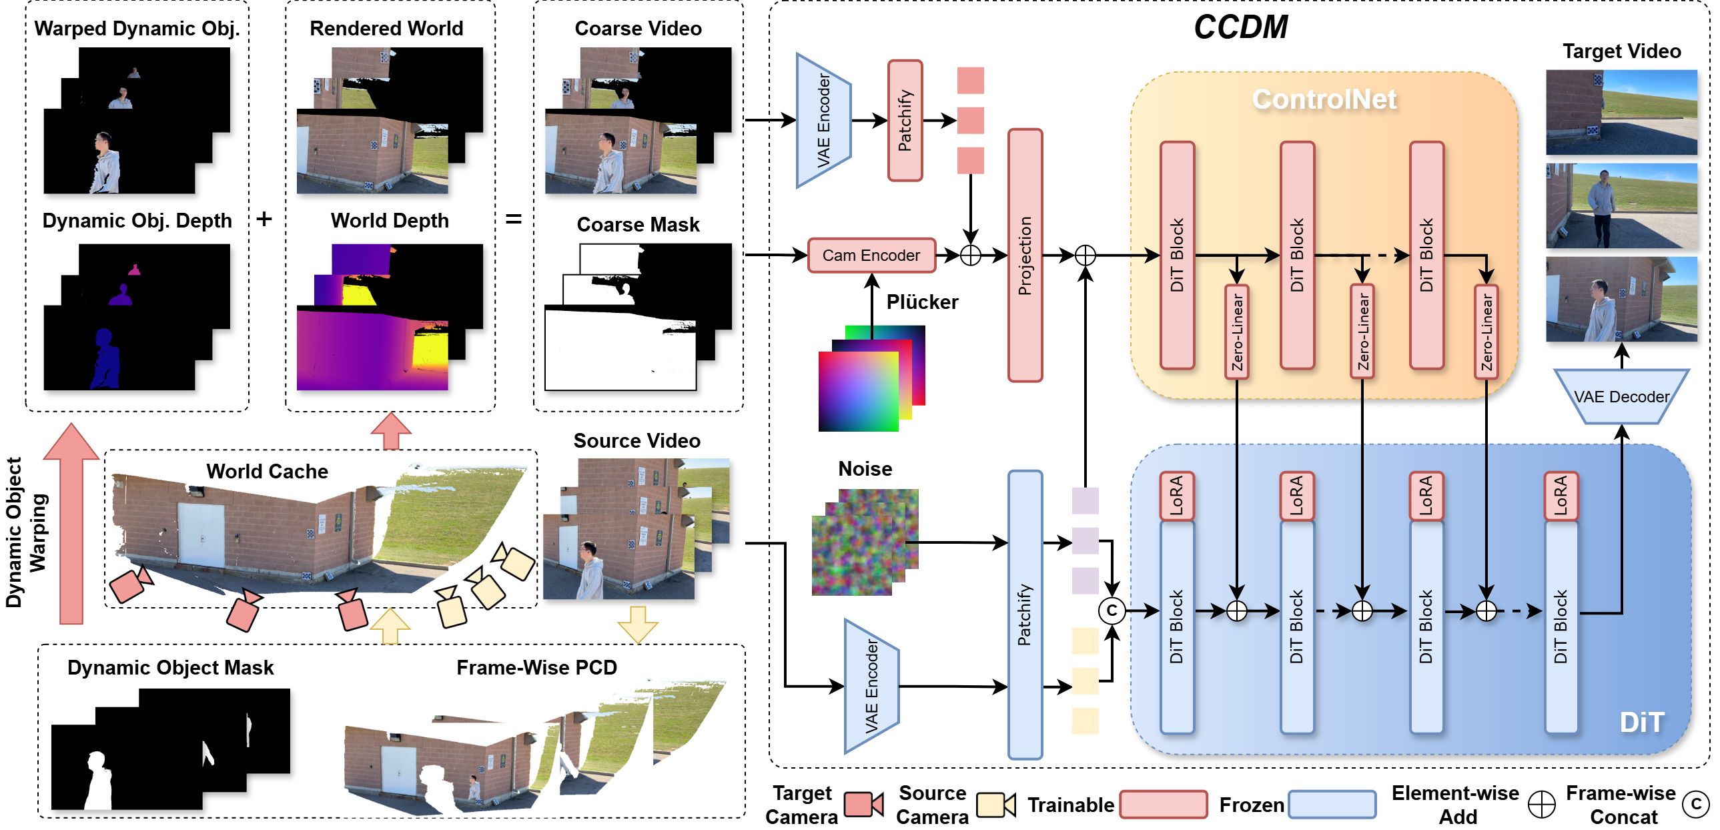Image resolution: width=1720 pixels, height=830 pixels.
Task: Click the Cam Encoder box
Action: pos(871,255)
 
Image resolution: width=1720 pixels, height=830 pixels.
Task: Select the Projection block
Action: pos(1024,255)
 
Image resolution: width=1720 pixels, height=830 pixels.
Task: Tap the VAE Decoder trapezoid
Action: pos(1621,396)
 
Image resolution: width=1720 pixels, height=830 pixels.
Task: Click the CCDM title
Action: pos(1240,27)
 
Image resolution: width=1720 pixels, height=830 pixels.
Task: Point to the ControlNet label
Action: pos(1324,99)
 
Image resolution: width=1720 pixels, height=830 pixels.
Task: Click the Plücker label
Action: pos(921,302)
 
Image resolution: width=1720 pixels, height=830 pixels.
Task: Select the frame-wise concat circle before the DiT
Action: pos(1111,610)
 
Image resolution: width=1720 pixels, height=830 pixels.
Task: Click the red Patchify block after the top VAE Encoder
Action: pos(905,121)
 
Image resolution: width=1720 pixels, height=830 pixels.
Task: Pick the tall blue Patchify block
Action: pos(1024,614)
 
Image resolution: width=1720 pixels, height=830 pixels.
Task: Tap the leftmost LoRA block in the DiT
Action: pos(1176,496)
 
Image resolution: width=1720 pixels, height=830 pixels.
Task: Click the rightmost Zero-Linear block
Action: pos(1486,332)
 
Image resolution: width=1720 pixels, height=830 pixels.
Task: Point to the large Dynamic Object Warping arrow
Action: pos(71,528)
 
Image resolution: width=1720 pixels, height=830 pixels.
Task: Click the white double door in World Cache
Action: pos(201,534)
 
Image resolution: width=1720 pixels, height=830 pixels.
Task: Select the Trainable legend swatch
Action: pos(1162,804)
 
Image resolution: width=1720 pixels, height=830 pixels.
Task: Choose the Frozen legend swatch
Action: pos(1332,804)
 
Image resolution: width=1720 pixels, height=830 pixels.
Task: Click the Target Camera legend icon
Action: pos(863,804)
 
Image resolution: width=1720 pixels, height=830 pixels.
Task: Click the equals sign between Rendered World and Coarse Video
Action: pos(513,219)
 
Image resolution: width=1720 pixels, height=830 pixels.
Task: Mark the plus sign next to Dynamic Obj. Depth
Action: pos(264,219)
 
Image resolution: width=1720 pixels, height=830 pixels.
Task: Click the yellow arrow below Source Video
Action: pos(637,625)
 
